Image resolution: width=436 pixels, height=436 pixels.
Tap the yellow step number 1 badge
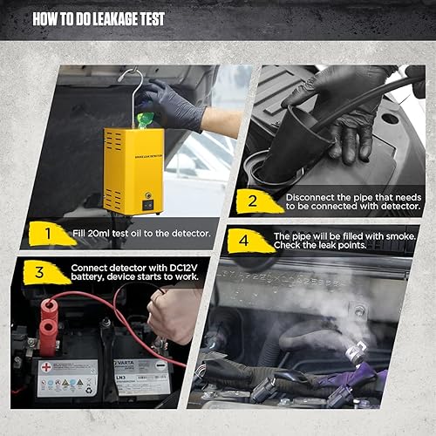pyautogui.click(x=45, y=233)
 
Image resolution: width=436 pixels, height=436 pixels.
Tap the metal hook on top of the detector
pyautogui.click(x=132, y=83)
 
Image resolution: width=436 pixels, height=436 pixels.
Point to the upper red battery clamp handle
pyautogui.click(x=50, y=310)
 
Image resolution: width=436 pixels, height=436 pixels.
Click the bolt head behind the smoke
pyautogui.click(x=358, y=310)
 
